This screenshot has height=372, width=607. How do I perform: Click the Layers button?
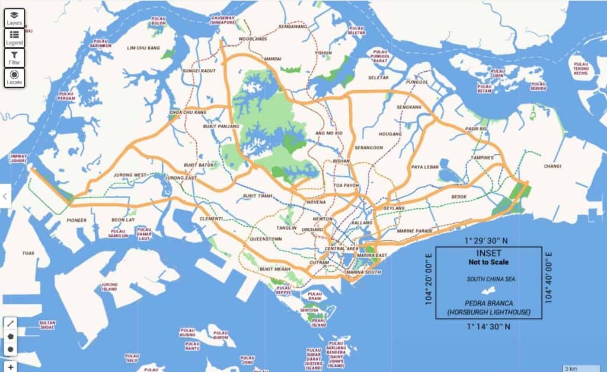14,18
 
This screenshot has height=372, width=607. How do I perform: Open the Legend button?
14,38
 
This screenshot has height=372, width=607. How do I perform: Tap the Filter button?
14,58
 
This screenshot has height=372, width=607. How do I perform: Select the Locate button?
14,77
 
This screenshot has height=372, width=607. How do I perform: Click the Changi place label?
552,167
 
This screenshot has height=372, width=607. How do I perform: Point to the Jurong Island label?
110,287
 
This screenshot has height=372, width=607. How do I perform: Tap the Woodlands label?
253,39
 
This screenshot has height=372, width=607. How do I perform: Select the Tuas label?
28,253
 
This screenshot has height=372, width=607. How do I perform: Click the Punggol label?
417,82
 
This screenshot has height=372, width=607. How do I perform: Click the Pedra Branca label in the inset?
489,307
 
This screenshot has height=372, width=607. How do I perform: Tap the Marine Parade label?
415,230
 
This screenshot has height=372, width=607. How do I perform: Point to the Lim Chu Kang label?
143,47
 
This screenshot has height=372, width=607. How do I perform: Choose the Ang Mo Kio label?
330,133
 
